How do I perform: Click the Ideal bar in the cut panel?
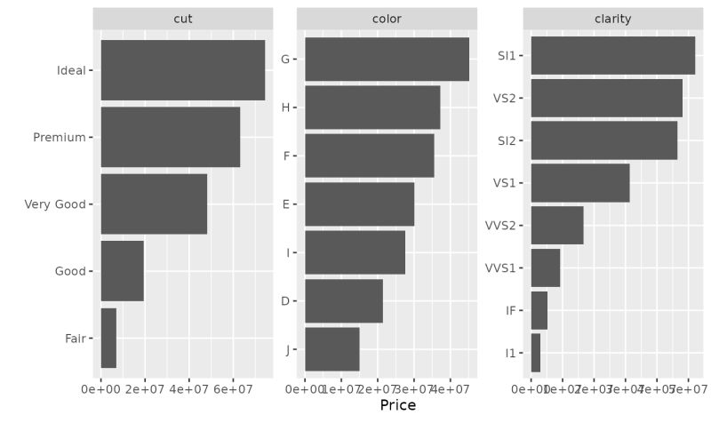[182, 70]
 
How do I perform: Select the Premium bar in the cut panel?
[170, 137]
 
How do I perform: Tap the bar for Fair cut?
[108, 338]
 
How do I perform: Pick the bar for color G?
[387, 60]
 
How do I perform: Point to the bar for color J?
[332, 349]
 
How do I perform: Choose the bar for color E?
[359, 204]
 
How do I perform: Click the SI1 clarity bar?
[612, 55]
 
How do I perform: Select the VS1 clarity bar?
[579, 183]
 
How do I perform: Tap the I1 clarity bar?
[536, 353]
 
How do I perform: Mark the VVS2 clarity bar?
[557, 225]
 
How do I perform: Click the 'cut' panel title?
[183, 19]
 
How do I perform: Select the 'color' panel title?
[387, 19]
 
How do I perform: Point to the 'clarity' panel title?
[612, 19]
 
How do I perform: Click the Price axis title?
[397, 405]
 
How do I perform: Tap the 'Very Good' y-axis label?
[55, 204]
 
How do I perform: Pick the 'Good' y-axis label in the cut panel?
[70, 271]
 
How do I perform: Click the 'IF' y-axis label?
[510, 310]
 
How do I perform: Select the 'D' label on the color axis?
[284, 301]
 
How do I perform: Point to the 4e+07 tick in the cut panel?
[188, 388]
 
